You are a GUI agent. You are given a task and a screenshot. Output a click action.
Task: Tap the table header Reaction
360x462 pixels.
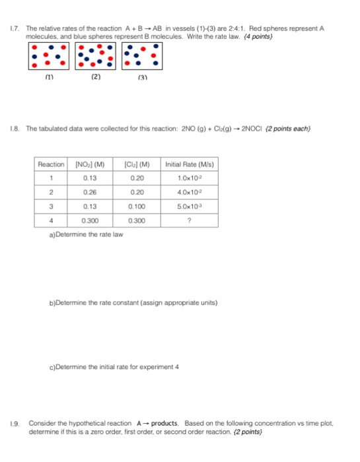click(x=52, y=164)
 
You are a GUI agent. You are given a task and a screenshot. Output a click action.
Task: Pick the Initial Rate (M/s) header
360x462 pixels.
click(x=190, y=164)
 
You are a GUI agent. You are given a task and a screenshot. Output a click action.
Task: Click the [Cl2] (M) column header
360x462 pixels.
click(x=137, y=164)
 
